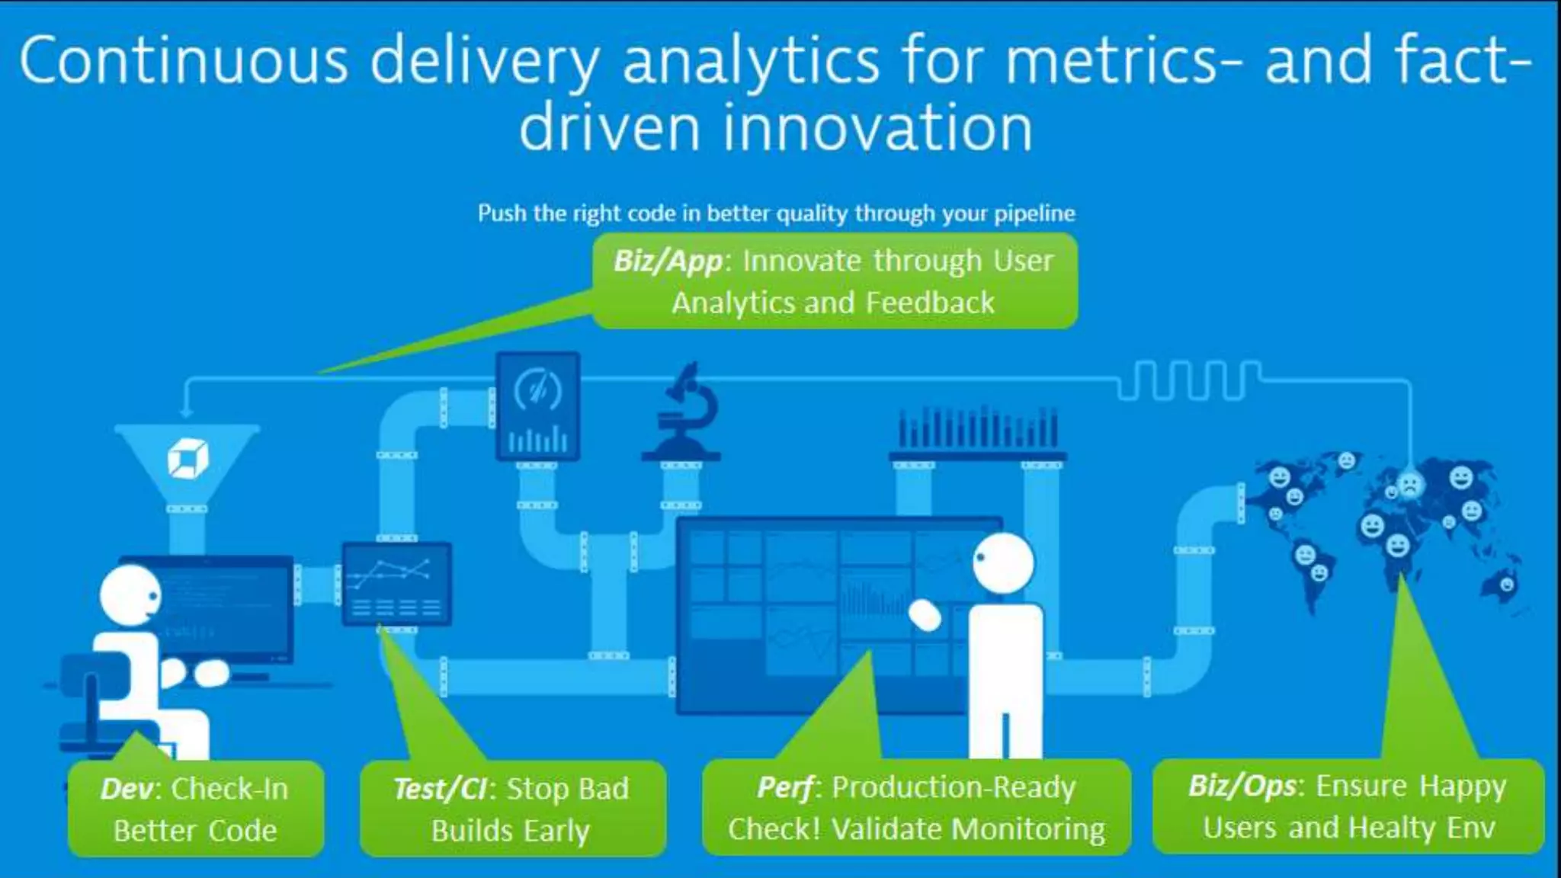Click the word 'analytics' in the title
[751, 61]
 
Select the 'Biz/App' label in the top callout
[668, 261]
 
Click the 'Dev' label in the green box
[126, 789]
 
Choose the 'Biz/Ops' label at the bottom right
[1242, 786]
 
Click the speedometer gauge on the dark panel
[537, 390]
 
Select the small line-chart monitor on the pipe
[396, 583]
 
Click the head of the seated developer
[130, 594]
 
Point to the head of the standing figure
[1004, 562]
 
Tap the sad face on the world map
[1409, 485]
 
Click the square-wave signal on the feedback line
[1189, 380]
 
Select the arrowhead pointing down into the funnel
[186, 412]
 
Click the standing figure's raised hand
[925, 614]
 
